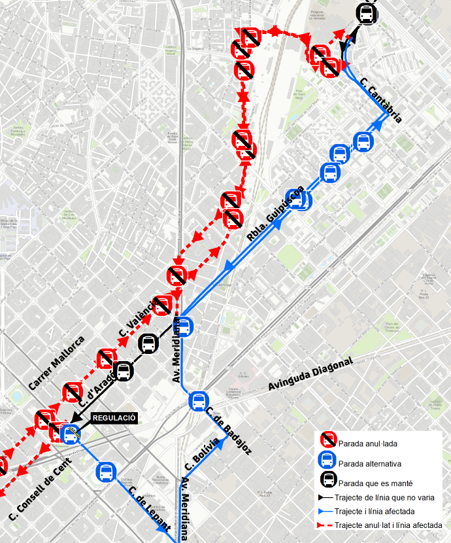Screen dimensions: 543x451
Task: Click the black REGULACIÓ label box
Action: coord(114,417)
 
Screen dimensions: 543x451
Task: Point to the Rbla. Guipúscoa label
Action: coord(275,214)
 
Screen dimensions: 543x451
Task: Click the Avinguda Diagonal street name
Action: coord(310,375)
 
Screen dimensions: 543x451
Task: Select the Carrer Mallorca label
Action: coord(57,364)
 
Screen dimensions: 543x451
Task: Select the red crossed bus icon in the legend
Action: coord(328,443)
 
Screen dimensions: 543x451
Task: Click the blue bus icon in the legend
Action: coord(328,463)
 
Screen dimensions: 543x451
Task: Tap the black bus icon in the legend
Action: coord(328,483)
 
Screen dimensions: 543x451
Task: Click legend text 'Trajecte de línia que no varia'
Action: coord(384,498)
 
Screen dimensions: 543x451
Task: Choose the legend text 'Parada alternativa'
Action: coord(369,464)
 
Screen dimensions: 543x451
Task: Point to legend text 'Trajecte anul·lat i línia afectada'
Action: coord(388,525)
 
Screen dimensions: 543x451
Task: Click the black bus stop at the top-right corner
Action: coord(366,14)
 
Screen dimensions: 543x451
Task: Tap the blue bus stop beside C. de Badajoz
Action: coord(198,400)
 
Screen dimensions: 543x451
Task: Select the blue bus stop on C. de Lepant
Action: coord(106,471)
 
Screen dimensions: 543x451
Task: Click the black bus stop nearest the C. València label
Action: coord(148,343)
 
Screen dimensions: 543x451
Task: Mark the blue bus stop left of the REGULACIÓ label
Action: coord(71,433)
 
